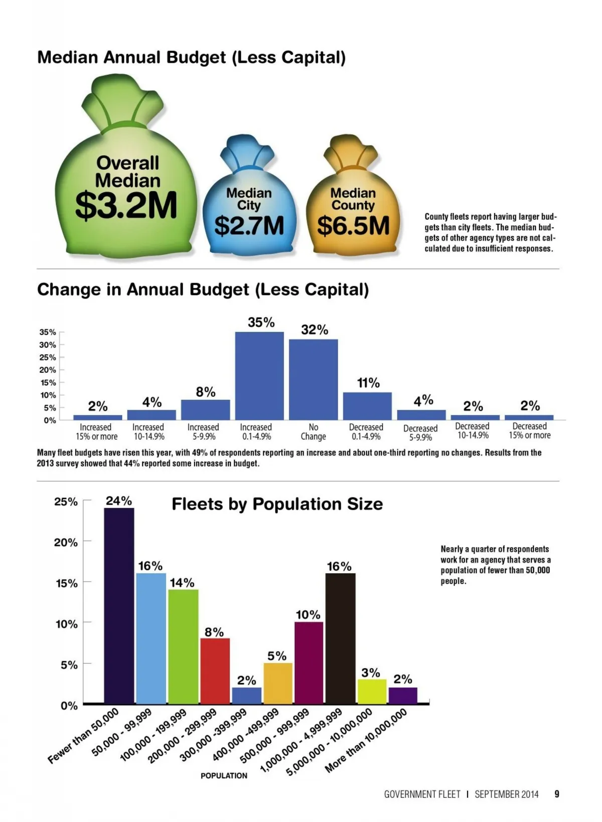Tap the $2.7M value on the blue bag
pos(249,225)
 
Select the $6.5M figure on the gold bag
pos(353,225)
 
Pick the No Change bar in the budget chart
pos(313,379)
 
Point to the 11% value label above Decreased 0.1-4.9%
pos(368,383)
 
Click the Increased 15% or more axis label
pos(96,432)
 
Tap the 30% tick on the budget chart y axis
pos(48,345)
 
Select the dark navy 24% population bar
pos(119,605)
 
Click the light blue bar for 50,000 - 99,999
pos(151,638)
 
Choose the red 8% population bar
pos(215,670)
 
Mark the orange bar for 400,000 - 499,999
pos(278,683)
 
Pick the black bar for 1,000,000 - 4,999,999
pos(340,638)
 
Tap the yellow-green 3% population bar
pos(372,691)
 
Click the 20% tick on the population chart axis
pos(66,542)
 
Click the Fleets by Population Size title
pos(277,504)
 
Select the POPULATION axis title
pos(224,775)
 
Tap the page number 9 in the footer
pos(556,794)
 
